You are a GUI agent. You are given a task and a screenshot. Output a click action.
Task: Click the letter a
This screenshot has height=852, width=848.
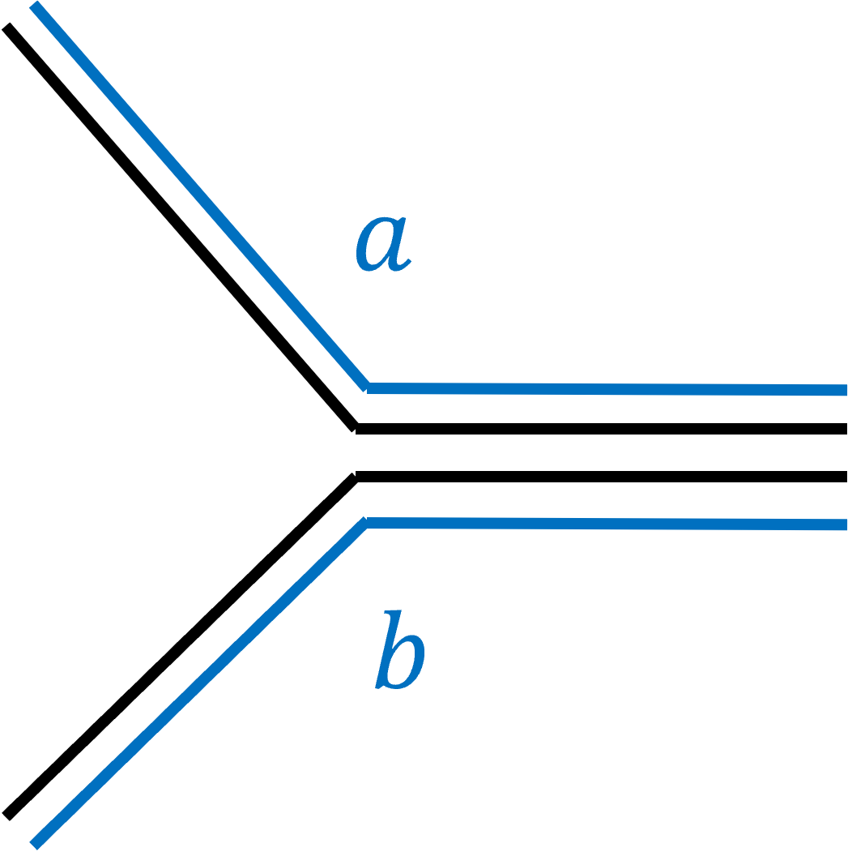(383, 243)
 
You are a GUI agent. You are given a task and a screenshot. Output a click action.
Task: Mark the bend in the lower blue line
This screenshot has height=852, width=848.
(366, 522)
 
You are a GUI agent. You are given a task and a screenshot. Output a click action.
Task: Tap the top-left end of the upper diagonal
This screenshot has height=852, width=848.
(35, 6)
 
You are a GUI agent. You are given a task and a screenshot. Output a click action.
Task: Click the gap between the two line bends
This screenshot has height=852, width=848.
(367, 455)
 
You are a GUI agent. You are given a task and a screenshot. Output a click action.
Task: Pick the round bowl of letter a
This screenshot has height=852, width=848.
(377, 246)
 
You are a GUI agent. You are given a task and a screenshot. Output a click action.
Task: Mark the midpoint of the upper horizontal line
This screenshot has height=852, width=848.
(607, 389)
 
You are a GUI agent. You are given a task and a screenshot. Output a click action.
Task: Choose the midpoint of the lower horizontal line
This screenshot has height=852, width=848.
(606, 524)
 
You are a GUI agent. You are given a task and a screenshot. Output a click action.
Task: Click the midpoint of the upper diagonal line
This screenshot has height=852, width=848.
(200, 197)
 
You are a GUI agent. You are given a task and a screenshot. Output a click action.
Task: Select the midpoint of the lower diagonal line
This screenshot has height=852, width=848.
(200, 683)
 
